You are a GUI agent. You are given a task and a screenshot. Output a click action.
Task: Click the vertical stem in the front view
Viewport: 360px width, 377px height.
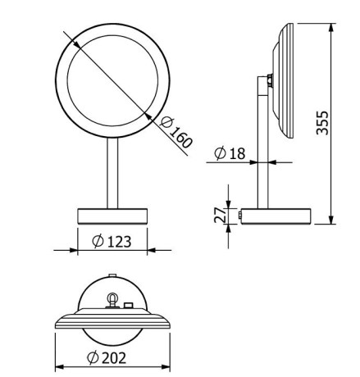tap(110, 171)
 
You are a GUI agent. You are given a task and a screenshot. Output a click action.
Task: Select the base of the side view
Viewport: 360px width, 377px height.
tap(276, 216)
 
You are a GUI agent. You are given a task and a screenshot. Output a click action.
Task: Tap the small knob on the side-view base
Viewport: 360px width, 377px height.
tap(237, 216)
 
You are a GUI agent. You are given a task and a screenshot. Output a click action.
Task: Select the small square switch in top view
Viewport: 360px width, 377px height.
tap(129, 307)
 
